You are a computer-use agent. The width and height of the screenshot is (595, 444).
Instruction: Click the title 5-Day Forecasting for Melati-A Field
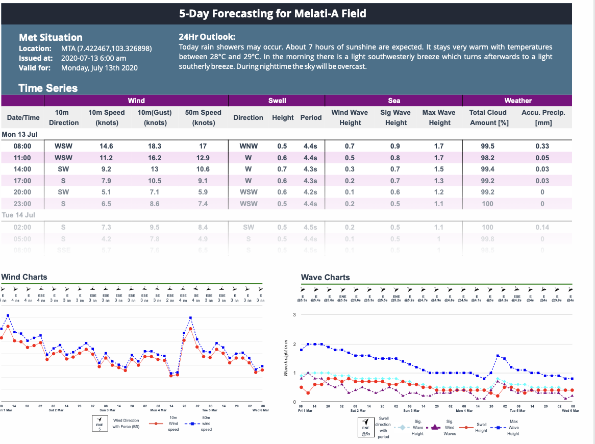point(272,14)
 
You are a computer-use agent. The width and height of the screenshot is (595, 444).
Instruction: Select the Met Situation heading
point(51,37)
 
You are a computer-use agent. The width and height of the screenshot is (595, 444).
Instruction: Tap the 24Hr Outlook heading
point(207,37)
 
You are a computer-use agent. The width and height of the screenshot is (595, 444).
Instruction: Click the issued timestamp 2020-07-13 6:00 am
point(93,58)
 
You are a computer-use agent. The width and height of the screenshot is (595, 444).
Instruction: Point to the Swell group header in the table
point(277,101)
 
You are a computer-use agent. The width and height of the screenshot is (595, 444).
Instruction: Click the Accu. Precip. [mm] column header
point(542,117)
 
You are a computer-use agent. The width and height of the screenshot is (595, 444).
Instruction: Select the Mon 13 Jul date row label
point(20,134)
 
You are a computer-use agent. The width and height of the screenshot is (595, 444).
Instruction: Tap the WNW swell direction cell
point(249,146)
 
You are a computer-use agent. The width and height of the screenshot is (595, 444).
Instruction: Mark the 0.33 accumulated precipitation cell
point(542,146)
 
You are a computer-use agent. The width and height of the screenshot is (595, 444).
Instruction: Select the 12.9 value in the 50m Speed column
point(203,158)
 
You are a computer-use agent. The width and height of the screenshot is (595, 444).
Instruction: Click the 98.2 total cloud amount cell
point(488,158)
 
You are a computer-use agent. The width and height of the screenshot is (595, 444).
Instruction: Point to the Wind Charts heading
point(24,277)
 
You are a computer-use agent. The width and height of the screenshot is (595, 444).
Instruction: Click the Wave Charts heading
point(325,278)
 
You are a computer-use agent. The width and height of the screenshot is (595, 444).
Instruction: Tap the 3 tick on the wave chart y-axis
point(294,314)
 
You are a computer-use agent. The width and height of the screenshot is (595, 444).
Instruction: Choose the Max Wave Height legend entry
point(513,427)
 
